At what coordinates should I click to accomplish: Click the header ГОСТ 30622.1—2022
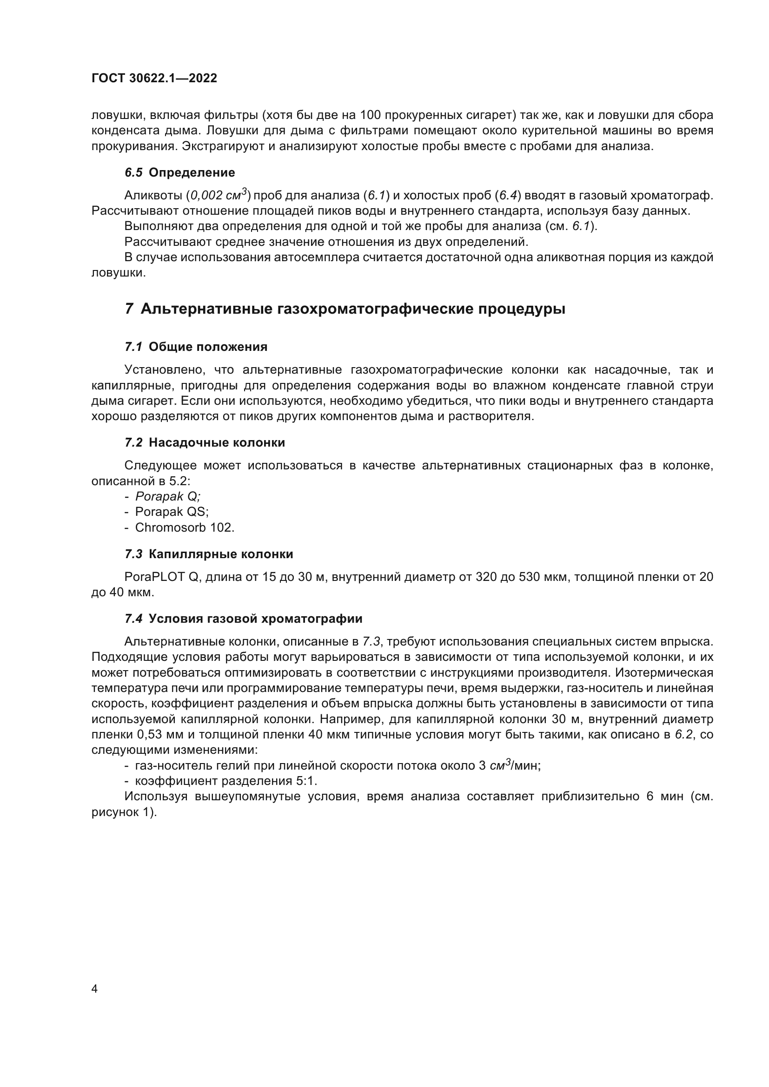coord(154,78)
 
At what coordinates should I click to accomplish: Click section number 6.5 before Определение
coord(133,172)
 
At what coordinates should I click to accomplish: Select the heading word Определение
coord(192,172)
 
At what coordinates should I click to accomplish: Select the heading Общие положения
coord(208,347)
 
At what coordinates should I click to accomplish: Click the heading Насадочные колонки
coord(217,443)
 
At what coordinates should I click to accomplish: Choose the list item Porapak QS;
coord(172,512)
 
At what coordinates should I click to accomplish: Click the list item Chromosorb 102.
coord(185,527)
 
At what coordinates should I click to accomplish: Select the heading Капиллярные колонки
coord(221,554)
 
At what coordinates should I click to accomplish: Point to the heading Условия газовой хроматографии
coord(255,618)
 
